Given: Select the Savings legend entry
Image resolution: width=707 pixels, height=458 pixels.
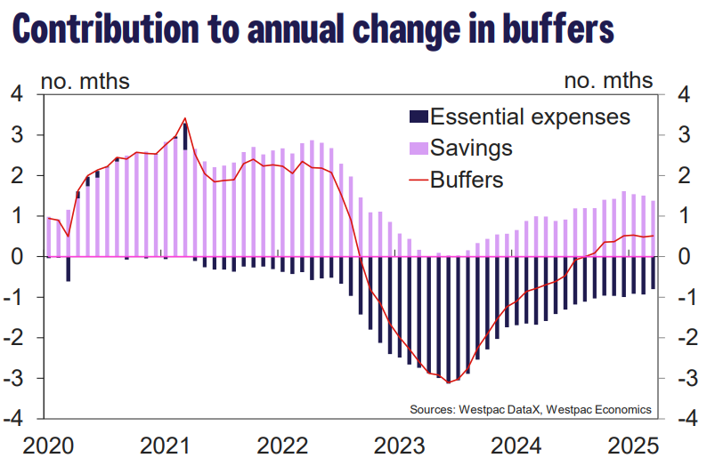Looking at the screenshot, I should (x=471, y=148).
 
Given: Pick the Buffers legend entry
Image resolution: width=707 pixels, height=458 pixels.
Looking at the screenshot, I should (x=467, y=180).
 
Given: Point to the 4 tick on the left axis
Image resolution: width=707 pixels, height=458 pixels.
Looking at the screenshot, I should (x=15, y=94).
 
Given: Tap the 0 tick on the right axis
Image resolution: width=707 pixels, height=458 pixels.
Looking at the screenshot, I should (x=685, y=257).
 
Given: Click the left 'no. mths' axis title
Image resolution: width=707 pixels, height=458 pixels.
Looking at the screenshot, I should (x=85, y=81).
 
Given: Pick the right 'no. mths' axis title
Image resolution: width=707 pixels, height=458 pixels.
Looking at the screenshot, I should (x=609, y=81).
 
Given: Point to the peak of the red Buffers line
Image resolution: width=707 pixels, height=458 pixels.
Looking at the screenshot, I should (x=184, y=118).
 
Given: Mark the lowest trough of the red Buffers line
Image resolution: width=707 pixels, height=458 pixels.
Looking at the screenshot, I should (x=447, y=382).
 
